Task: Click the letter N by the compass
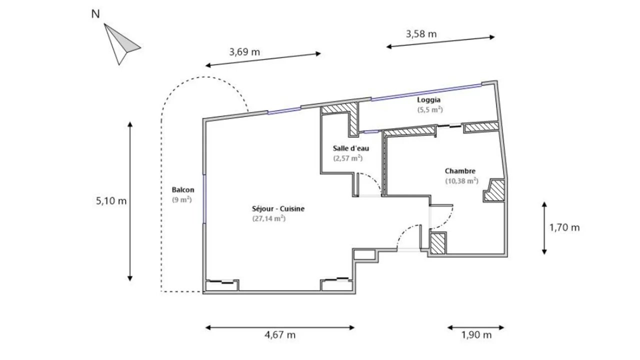click(95, 14)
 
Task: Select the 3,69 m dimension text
click(244, 52)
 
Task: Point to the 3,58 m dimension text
click(421, 34)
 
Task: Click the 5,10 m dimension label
click(111, 201)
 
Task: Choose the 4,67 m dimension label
click(280, 334)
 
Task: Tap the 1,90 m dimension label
click(476, 334)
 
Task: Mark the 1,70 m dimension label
click(564, 227)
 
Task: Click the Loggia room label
click(429, 100)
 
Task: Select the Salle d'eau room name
click(351, 148)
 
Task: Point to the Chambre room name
click(460, 171)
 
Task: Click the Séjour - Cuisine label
click(278, 208)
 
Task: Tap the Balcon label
click(183, 189)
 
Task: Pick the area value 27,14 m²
click(269, 218)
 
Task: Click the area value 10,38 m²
click(461, 180)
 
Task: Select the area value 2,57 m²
click(348, 158)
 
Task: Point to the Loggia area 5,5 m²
click(430, 109)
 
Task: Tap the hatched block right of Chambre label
click(494, 190)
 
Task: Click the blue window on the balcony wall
click(204, 199)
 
